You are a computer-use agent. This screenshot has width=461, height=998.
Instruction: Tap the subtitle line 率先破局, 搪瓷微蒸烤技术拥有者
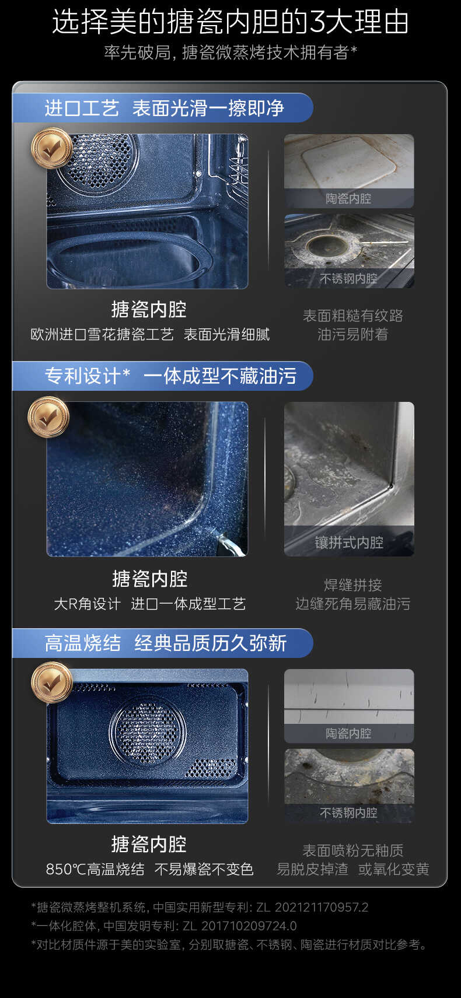click(x=230, y=52)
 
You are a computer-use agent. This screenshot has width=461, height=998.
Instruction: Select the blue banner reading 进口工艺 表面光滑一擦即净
click(x=163, y=108)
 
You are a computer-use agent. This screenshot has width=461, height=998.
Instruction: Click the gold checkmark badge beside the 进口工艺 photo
click(x=51, y=149)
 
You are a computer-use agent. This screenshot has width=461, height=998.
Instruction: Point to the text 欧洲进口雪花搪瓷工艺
click(x=102, y=334)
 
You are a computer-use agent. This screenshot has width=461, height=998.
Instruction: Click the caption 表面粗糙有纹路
click(x=352, y=316)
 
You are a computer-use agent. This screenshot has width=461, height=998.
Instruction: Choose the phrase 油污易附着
click(x=352, y=334)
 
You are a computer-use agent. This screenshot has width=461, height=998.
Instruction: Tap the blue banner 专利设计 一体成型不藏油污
click(x=169, y=376)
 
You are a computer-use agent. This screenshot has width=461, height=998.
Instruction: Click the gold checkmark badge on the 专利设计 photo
click(x=48, y=416)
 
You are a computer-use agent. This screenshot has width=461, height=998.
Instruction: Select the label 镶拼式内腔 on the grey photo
click(x=349, y=542)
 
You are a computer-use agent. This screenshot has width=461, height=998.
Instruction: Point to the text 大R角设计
click(x=87, y=604)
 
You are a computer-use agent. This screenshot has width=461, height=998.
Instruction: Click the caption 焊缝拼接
click(x=352, y=585)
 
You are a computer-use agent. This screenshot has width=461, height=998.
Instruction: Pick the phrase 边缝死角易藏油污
click(x=352, y=604)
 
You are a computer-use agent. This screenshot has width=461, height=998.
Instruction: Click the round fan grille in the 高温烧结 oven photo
click(x=148, y=729)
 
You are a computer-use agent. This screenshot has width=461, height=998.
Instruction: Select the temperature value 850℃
click(x=66, y=869)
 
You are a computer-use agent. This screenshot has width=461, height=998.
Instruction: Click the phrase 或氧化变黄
click(x=393, y=869)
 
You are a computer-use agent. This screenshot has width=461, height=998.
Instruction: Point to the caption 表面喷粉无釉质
click(x=352, y=850)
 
